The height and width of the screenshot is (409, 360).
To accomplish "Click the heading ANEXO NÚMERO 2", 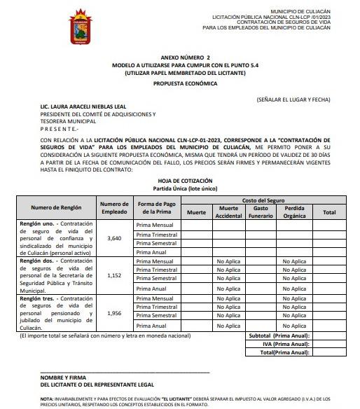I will pos(180,55).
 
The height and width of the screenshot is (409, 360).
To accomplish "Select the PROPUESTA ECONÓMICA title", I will pos(180,83).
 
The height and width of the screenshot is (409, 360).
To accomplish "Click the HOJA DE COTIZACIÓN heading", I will pos(180,181).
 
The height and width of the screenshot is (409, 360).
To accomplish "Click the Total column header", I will pos(329,212).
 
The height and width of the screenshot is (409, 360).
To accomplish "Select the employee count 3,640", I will pos(115,238).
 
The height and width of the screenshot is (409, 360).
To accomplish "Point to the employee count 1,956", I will pos(115,313).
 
